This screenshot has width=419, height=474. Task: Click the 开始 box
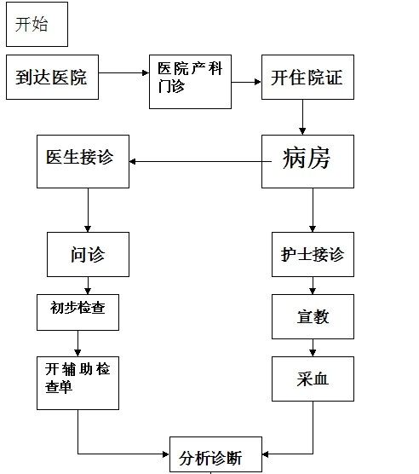37,24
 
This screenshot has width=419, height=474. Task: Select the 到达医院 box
52,77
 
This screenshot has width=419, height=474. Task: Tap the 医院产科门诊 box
190,82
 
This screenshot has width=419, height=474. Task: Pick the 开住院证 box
307,77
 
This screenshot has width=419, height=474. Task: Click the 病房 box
307,161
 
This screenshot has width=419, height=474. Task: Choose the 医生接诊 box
83,161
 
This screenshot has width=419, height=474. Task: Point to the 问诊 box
88,254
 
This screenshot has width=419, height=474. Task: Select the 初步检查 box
77,312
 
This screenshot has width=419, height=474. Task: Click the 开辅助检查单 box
77,383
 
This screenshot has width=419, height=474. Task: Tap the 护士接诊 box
313,254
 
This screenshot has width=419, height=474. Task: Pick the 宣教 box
313,316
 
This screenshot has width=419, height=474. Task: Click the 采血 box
313,379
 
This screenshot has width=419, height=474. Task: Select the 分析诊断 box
215,455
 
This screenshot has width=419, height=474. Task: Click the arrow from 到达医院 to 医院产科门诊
123,72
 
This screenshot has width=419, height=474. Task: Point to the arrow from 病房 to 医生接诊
200,161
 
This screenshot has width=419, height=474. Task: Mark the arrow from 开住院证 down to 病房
302,117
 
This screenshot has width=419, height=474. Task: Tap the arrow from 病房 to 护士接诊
313,210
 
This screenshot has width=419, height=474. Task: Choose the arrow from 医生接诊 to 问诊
88,210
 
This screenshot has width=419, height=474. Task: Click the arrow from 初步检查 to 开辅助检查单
77,344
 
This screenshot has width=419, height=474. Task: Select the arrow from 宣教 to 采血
313,348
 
